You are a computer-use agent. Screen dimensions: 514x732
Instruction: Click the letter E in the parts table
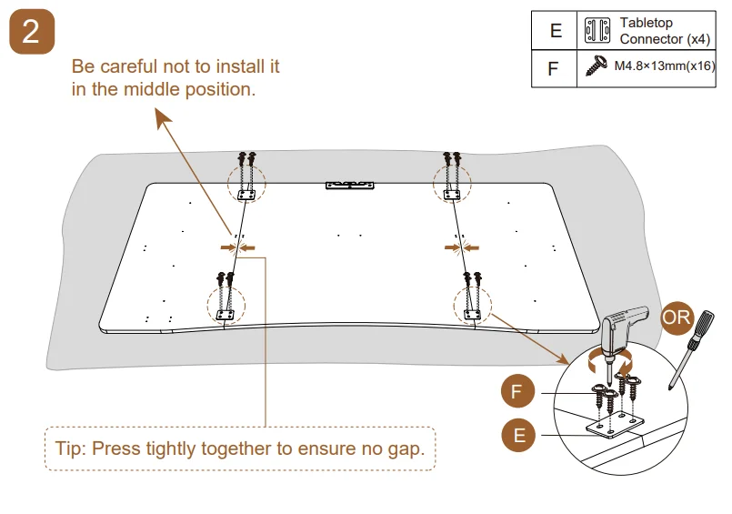tap(556, 31)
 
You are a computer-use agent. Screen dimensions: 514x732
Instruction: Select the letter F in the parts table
tap(554, 67)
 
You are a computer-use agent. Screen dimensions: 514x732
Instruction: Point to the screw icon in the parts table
tap(597, 66)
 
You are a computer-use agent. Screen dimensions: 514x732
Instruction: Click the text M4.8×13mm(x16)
tap(665, 66)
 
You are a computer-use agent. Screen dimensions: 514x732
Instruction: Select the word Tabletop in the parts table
tap(647, 23)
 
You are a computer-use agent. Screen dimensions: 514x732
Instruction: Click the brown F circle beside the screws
tap(517, 393)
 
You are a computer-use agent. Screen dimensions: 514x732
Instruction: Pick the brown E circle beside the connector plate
tap(517, 435)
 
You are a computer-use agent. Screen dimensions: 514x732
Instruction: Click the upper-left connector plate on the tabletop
tap(245, 194)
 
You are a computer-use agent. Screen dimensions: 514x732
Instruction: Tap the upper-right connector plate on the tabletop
tap(451, 193)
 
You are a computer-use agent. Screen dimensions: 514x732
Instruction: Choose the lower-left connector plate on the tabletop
tap(226, 314)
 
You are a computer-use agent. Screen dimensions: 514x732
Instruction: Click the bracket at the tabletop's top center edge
tap(349, 185)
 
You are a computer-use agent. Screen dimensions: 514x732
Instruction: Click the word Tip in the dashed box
tap(71, 448)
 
